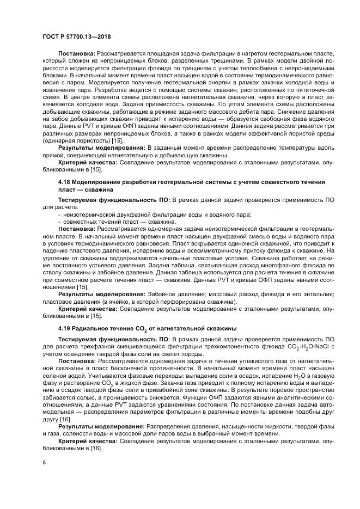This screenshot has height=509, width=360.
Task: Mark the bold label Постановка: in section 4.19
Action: pyautogui.click(x=76, y=361)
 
